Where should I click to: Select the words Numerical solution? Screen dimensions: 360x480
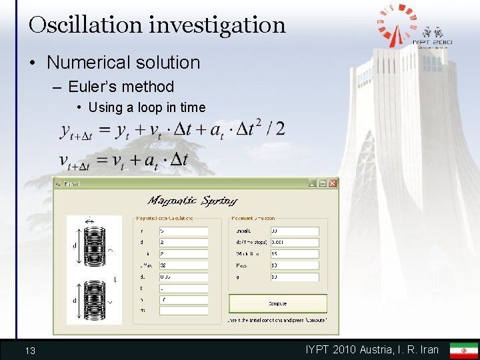pyautogui.click(x=123, y=63)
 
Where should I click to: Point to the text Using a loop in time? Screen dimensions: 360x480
pyautogui.click(x=147, y=107)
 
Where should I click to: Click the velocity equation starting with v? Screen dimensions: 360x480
pyautogui.click(x=123, y=160)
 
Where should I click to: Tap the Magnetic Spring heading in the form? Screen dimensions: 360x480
pyautogui.click(x=193, y=201)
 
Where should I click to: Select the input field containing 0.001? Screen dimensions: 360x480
pyautogui.click(x=294, y=243)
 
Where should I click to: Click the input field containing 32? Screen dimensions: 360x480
pyautogui.click(x=183, y=265)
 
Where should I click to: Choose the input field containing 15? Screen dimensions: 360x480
pyautogui.click(x=294, y=254)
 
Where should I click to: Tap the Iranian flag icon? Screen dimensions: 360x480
pyautogui.click(x=463, y=350)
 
